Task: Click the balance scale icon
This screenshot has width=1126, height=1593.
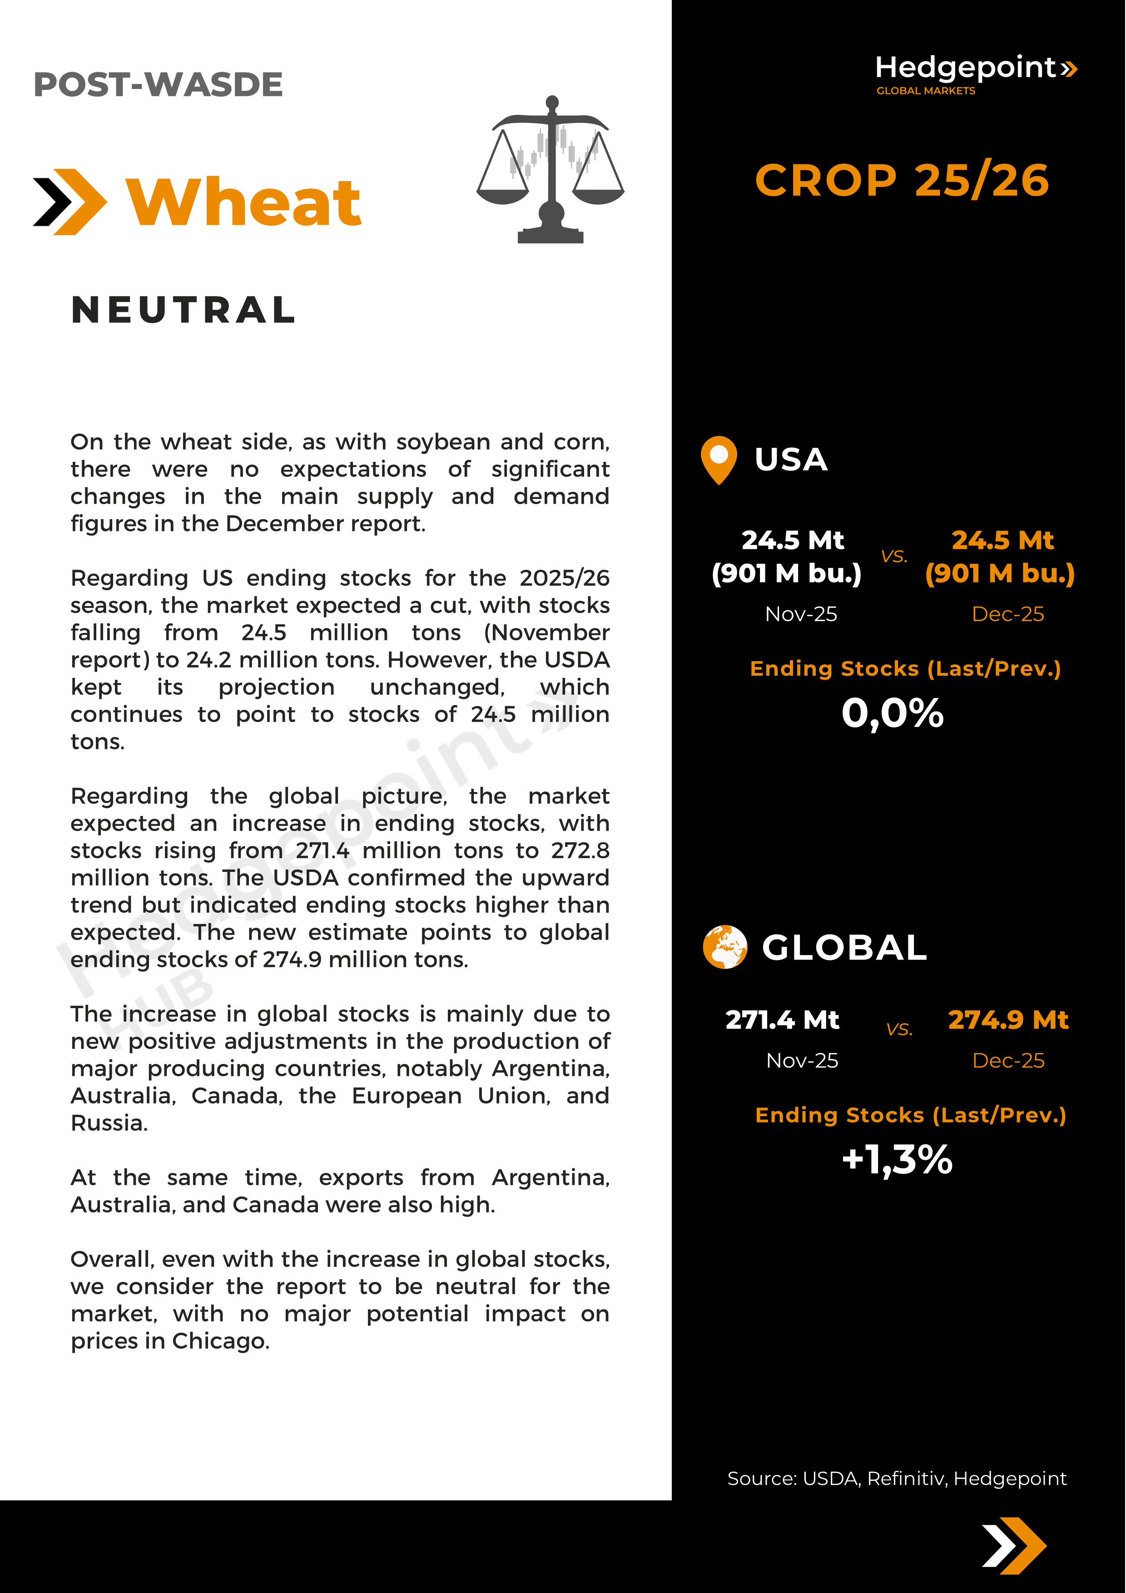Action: click(550, 170)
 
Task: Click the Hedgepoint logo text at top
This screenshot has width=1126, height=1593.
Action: click(965, 68)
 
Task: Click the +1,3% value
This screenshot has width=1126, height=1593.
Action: click(897, 1159)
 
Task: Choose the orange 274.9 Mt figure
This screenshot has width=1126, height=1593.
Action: click(1008, 1020)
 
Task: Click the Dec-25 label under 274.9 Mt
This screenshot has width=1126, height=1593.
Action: click(1008, 1060)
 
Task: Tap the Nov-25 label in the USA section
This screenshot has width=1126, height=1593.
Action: click(801, 614)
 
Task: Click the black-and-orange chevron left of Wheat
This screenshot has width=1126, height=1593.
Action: click(70, 202)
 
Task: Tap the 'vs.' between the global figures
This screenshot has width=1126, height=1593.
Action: click(899, 1029)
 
